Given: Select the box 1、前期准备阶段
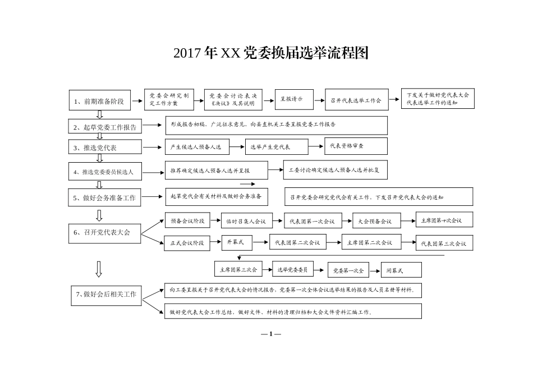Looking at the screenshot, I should pyautogui.click(x=100, y=102).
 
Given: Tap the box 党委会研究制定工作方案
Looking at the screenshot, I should pyautogui.click(x=169, y=99).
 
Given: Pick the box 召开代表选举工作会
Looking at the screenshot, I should pyautogui.click(x=356, y=100).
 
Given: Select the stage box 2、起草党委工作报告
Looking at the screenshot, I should pyautogui.click(x=105, y=127).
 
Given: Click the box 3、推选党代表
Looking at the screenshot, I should pyautogui.click(x=105, y=147).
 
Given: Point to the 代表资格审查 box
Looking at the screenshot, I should pyautogui.click(x=356, y=146).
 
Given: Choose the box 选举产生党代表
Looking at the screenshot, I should pyautogui.click(x=276, y=147).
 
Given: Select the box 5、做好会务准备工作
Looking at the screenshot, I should pyautogui.click(x=105, y=198).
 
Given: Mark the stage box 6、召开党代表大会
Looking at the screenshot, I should pyautogui.click(x=104, y=232).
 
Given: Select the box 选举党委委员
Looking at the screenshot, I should pyautogui.click(x=292, y=270).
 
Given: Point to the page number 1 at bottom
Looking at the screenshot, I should pyautogui.click(x=270, y=334).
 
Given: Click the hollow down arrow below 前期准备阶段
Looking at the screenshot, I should pyautogui.click(x=99, y=114).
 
